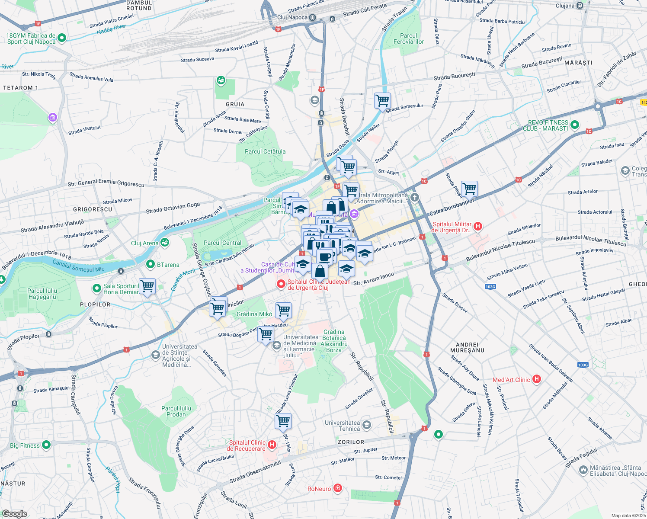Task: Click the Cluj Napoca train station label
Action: pyautogui.click(x=292, y=18)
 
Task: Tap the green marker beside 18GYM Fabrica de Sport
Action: pyautogui.click(x=61, y=38)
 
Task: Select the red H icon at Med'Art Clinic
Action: pyautogui.click(x=537, y=379)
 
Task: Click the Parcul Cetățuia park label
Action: pyautogui.click(x=265, y=152)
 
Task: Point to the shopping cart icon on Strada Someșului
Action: pyautogui.click(x=382, y=101)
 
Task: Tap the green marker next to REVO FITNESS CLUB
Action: pyautogui.click(x=575, y=125)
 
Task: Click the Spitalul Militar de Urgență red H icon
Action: pyautogui.click(x=478, y=226)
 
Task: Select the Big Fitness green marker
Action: pyautogui.click(x=46, y=445)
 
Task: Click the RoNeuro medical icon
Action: pyautogui.click(x=338, y=489)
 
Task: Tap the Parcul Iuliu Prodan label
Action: pyautogui.click(x=176, y=411)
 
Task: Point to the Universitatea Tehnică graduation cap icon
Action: pyautogui.click(x=367, y=425)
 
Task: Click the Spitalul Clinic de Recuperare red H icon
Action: pyautogui.click(x=272, y=445)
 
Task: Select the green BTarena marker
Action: pyautogui.click(x=151, y=264)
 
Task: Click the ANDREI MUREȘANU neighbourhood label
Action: pyautogui.click(x=467, y=348)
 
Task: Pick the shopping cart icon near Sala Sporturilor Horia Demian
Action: pyautogui.click(x=147, y=286)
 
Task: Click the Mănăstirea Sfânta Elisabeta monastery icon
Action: pyautogui.click(x=583, y=469)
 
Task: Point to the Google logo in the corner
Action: pyautogui.click(x=14, y=514)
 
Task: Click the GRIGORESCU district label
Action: pyautogui.click(x=93, y=209)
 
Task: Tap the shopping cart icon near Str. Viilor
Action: pyautogui.click(x=283, y=420)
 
